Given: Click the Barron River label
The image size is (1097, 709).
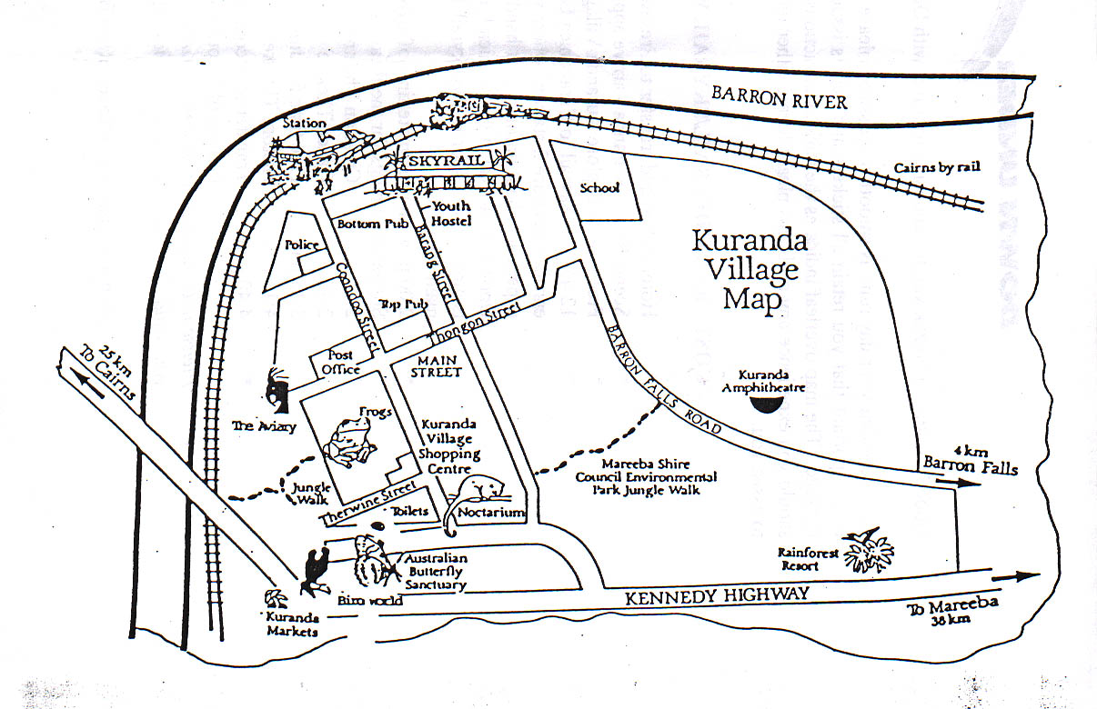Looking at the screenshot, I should point(779,96).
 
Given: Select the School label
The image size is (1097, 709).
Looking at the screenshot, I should point(599,188).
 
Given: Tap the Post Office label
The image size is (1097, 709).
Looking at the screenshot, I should point(340,363).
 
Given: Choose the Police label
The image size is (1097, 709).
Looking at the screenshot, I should point(300,245).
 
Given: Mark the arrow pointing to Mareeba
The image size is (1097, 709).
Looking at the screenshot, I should point(1014,576).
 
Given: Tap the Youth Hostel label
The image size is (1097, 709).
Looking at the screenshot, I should point(451,214).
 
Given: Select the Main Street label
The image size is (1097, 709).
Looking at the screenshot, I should point(436,366).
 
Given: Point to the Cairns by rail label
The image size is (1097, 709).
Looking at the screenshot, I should point(937,168).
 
